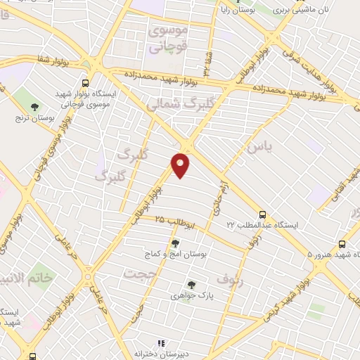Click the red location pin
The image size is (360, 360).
[x=181, y=165]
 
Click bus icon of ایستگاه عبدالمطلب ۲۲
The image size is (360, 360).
[x=262, y=213]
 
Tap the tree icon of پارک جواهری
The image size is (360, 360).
[x=191, y=285]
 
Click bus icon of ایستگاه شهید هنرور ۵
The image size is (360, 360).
[x=342, y=243]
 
